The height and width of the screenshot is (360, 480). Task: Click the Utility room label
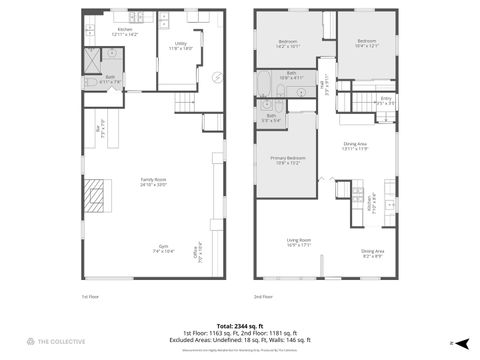click(181, 46)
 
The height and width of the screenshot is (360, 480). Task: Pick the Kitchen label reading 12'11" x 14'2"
click(125, 32)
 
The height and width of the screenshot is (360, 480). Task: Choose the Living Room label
click(299, 242)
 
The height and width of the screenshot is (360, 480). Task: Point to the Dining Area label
click(355, 146)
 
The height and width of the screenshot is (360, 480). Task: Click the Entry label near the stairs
click(385, 100)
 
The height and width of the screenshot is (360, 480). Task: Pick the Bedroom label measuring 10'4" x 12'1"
click(367, 43)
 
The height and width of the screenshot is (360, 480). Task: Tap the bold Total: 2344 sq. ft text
click(239, 325)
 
